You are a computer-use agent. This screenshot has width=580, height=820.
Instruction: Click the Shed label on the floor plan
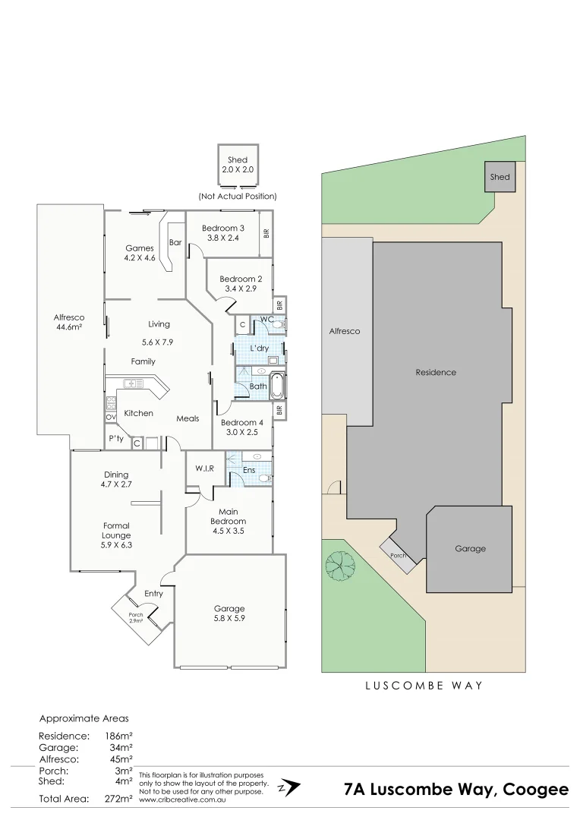click(238, 159)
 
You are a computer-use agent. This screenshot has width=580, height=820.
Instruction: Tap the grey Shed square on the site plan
click(500, 177)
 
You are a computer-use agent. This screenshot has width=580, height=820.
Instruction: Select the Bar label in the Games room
click(175, 243)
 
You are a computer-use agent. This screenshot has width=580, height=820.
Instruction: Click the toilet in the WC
click(278, 325)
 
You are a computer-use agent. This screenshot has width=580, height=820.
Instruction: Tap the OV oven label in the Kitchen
click(111, 417)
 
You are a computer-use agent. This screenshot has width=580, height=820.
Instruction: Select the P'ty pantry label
click(116, 439)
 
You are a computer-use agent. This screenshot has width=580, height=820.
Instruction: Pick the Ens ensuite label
click(248, 471)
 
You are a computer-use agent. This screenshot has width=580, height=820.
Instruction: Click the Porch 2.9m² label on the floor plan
click(135, 617)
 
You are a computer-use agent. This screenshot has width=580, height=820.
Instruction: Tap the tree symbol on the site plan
click(340, 564)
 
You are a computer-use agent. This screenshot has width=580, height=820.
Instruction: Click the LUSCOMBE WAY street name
click(424, 685)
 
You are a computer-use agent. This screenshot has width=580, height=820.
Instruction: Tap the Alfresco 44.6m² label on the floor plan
click(68, 322)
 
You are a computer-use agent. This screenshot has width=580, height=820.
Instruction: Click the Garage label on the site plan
click(470, 548)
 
